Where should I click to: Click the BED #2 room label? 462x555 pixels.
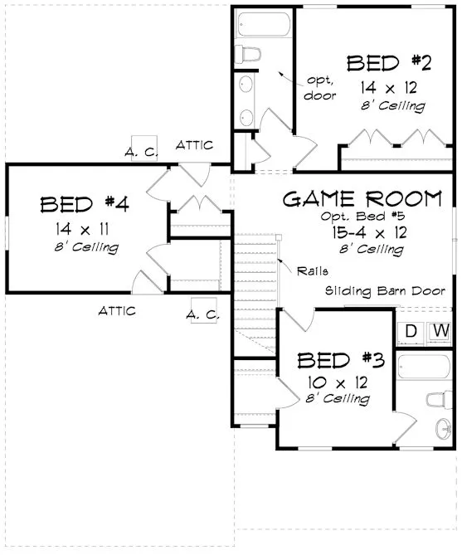(x=387, y=63)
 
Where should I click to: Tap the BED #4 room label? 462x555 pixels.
(x=81, y=203)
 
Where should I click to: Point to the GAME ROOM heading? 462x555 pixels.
(x=362, y=199)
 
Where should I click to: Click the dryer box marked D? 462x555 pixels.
(x=410, y=332)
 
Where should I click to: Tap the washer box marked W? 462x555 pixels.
(x=440, y=332)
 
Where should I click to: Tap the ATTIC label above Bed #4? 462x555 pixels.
(x=194, y=145)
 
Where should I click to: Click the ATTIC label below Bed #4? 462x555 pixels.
(x=117, y=311)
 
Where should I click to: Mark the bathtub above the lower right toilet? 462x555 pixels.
(x=424, y=364)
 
